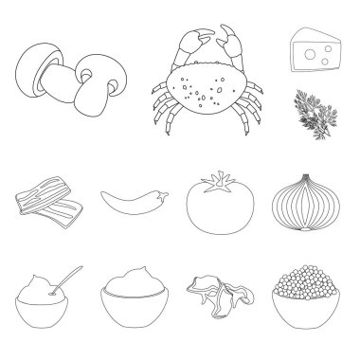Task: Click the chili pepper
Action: (133, 199)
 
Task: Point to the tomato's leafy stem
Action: (220, 177)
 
